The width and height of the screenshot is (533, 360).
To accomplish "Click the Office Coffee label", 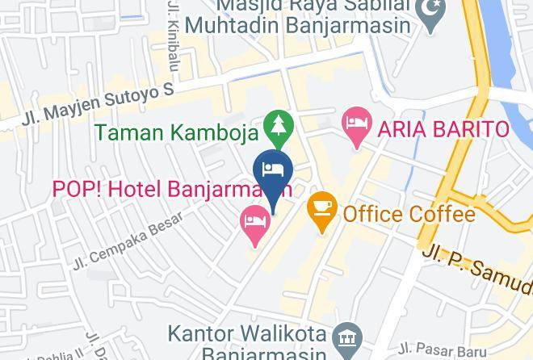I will click(408, 214).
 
